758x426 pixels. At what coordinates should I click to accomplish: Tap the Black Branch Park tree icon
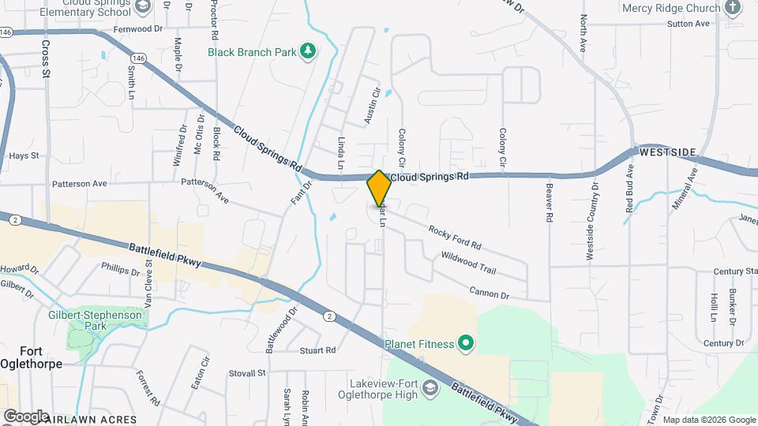(308, 52)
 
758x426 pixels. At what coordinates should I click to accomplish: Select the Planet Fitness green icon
(466, 343)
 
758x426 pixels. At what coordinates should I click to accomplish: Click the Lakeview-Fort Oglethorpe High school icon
(430, 387)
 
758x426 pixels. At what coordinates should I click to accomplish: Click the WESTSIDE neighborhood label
(667, 151)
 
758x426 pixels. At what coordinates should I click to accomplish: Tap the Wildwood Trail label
(468, 263)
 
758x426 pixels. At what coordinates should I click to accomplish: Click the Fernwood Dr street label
(137, 28)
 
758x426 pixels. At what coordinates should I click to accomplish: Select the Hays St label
(24, 155)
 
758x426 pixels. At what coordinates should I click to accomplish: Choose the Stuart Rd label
(317, 349)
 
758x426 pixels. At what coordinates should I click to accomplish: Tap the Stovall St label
(247, 372)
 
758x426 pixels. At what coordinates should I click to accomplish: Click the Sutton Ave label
(689, 24)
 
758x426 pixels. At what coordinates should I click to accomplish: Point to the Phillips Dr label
(120, 268)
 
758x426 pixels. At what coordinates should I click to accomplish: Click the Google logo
(25, 416)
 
